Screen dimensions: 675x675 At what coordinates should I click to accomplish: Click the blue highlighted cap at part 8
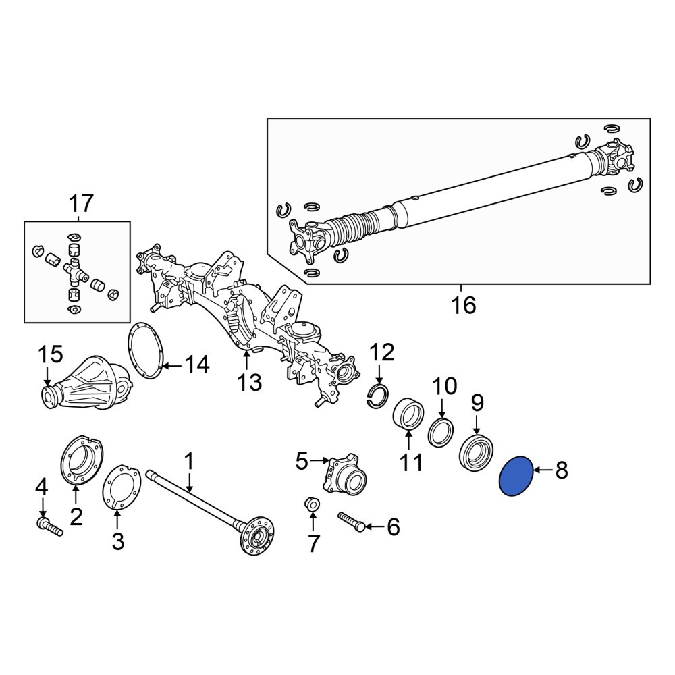pyautogui.click(x=516, y=476)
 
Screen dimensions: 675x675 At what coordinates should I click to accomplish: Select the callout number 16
pyautogui.click(x=463, y=306)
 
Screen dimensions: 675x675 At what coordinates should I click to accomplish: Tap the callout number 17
pyautogui.click(x=80, y=204)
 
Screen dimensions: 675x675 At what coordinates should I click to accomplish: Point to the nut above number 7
pyautogui.click(x=312, y=504)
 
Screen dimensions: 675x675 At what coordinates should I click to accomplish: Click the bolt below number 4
pyautogui.click(x=49, y=526)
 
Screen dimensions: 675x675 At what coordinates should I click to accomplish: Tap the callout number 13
pyautogui.click(x=249, y=382)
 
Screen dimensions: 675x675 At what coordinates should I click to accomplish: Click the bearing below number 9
pyautogui.click(x=477, y=456)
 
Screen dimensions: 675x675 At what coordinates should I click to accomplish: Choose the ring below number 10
pyautogui.click(x=441, y=432)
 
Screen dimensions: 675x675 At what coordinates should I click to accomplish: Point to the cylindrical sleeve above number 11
pyautogui.click(x=408, y=414)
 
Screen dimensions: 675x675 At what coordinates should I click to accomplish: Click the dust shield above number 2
pyautogui.click(x=82, y=460)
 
